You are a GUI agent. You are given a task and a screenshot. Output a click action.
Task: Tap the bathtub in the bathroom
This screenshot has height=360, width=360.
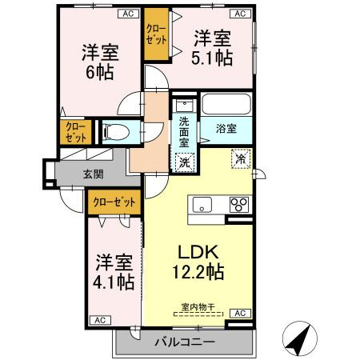point(226,105)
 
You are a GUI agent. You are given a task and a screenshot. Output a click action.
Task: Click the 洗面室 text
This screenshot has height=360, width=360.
point(185,130)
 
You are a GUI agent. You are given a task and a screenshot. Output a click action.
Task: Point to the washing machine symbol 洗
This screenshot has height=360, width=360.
point(185,159)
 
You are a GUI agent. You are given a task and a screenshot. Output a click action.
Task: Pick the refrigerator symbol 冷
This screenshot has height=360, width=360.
point(239,158)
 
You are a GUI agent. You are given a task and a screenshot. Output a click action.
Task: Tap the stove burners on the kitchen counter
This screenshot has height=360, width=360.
point(238,204)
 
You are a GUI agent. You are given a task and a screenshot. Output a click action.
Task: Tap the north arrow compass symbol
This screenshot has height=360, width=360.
point(299,339)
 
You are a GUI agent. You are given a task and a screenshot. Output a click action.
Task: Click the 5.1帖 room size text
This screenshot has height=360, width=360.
point(214,58)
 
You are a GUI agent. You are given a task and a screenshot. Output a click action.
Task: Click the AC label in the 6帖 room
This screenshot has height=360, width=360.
point(126,14)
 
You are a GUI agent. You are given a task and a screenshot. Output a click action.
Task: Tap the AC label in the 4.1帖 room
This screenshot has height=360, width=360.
point(102,320)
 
